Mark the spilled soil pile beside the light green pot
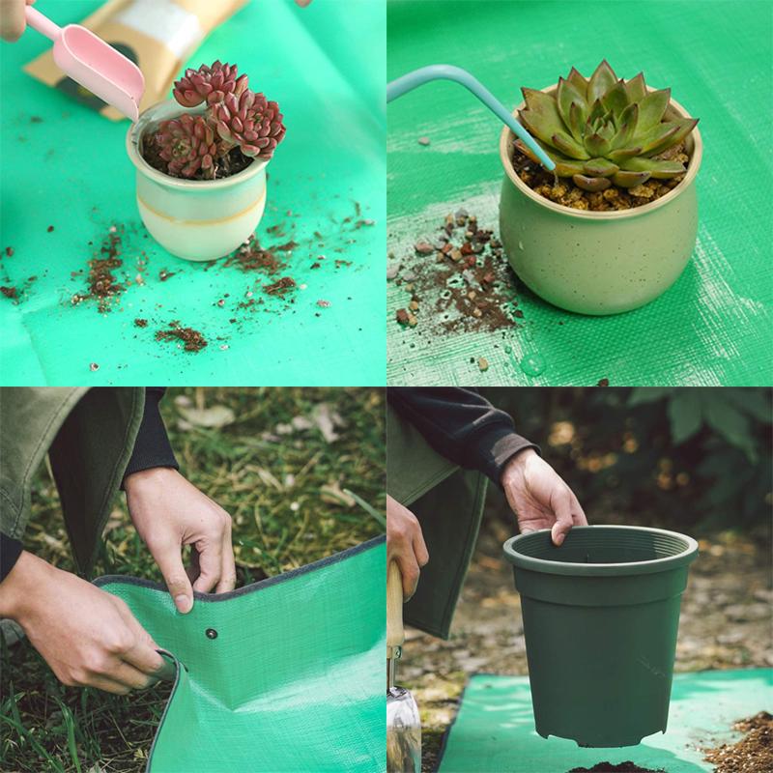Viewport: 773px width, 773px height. tap(454, 280)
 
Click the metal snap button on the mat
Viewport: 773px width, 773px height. tap(211, 634)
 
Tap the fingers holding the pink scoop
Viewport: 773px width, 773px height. tap(14, 19)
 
